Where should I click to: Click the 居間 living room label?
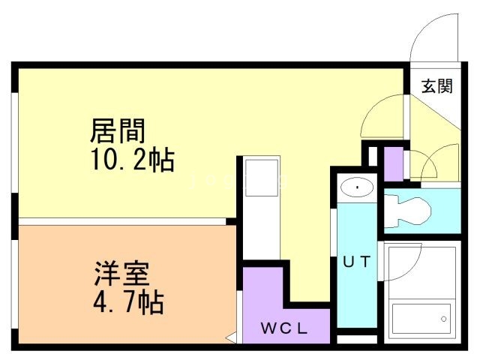[118, 130]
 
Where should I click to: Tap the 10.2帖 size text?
[133, 160]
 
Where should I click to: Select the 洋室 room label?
[121, 273]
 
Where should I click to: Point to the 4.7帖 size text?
[128, 302]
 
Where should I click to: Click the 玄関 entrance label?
[436, 86]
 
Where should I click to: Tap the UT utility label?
[357, 262]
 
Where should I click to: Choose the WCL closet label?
[283, 328]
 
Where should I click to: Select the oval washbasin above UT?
[357, 187]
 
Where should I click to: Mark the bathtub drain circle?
[443, 319]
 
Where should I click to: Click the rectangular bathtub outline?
[421, 319]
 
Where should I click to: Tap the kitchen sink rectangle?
[262, 178]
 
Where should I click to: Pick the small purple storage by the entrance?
[393, 164]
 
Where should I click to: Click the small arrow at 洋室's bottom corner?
[230, 337]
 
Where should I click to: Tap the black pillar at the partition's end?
[231, 221]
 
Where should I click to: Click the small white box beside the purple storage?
[373, 156]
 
